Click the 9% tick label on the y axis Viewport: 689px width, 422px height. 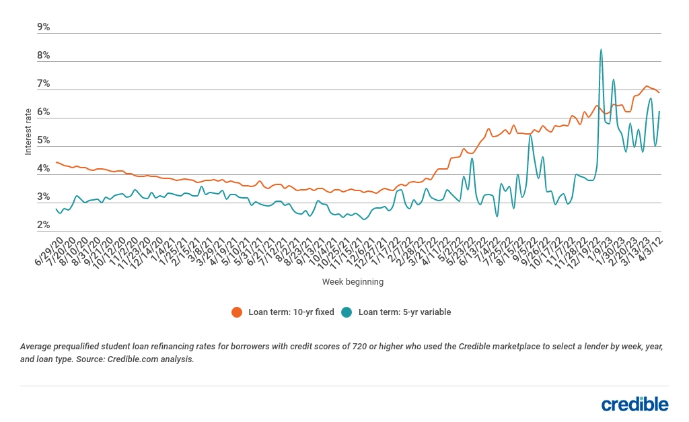coord(44,27)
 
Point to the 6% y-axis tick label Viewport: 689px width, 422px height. coord(44,112)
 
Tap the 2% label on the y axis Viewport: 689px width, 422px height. coord(44,225)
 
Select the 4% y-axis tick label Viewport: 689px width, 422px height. coord(44,168)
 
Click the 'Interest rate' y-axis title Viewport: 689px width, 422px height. coord(28,131)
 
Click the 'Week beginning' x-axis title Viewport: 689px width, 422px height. coord(353,282)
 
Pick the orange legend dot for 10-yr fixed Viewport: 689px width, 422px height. coord(236,312)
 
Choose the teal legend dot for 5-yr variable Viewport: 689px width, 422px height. coord(347,312)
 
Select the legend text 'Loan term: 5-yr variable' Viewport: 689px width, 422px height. coord(404,312)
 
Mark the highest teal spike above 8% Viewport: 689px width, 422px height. coord(601,49)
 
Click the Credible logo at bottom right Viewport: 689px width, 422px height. coord(634,404)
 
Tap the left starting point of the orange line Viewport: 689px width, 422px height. coord(57,162)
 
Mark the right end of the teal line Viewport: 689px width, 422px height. coord(659,112)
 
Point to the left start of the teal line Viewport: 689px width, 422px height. coord(57,209)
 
